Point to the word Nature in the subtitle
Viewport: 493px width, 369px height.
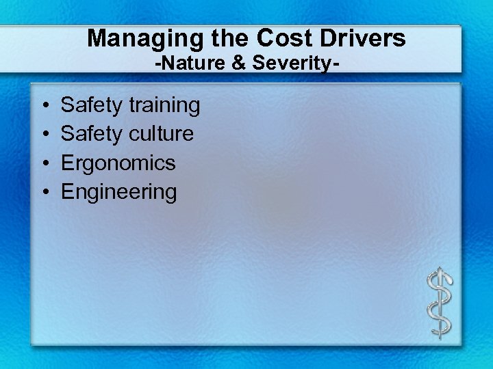point(181,65)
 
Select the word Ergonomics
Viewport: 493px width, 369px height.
point(118,163)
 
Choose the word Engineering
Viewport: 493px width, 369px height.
point(118,192)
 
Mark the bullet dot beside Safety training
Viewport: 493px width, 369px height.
point(43,106)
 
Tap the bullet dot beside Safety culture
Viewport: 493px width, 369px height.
point(43,135)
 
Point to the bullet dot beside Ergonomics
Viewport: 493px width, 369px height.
point(43,163)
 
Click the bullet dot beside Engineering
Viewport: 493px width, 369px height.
point(43,192)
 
